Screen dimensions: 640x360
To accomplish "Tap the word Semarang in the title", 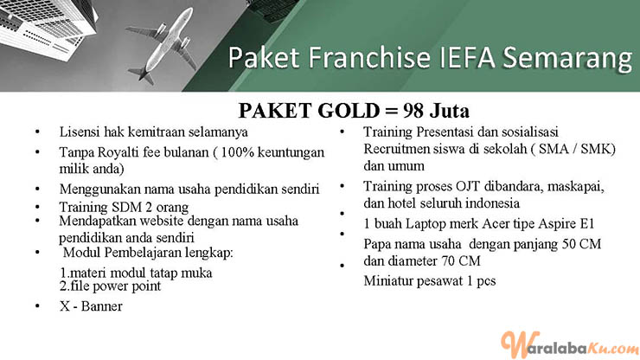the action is click(x=567, y=58).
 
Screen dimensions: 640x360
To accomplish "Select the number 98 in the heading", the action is click(x=413, y=110).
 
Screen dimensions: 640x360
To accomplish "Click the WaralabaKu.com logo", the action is click(x=570, y=345).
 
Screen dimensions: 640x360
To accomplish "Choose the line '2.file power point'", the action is click(x=110, y=286).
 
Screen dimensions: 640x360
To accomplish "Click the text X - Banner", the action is click(x=91, y=306).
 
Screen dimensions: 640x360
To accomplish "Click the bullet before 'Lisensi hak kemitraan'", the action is click(x=37, y=132).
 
